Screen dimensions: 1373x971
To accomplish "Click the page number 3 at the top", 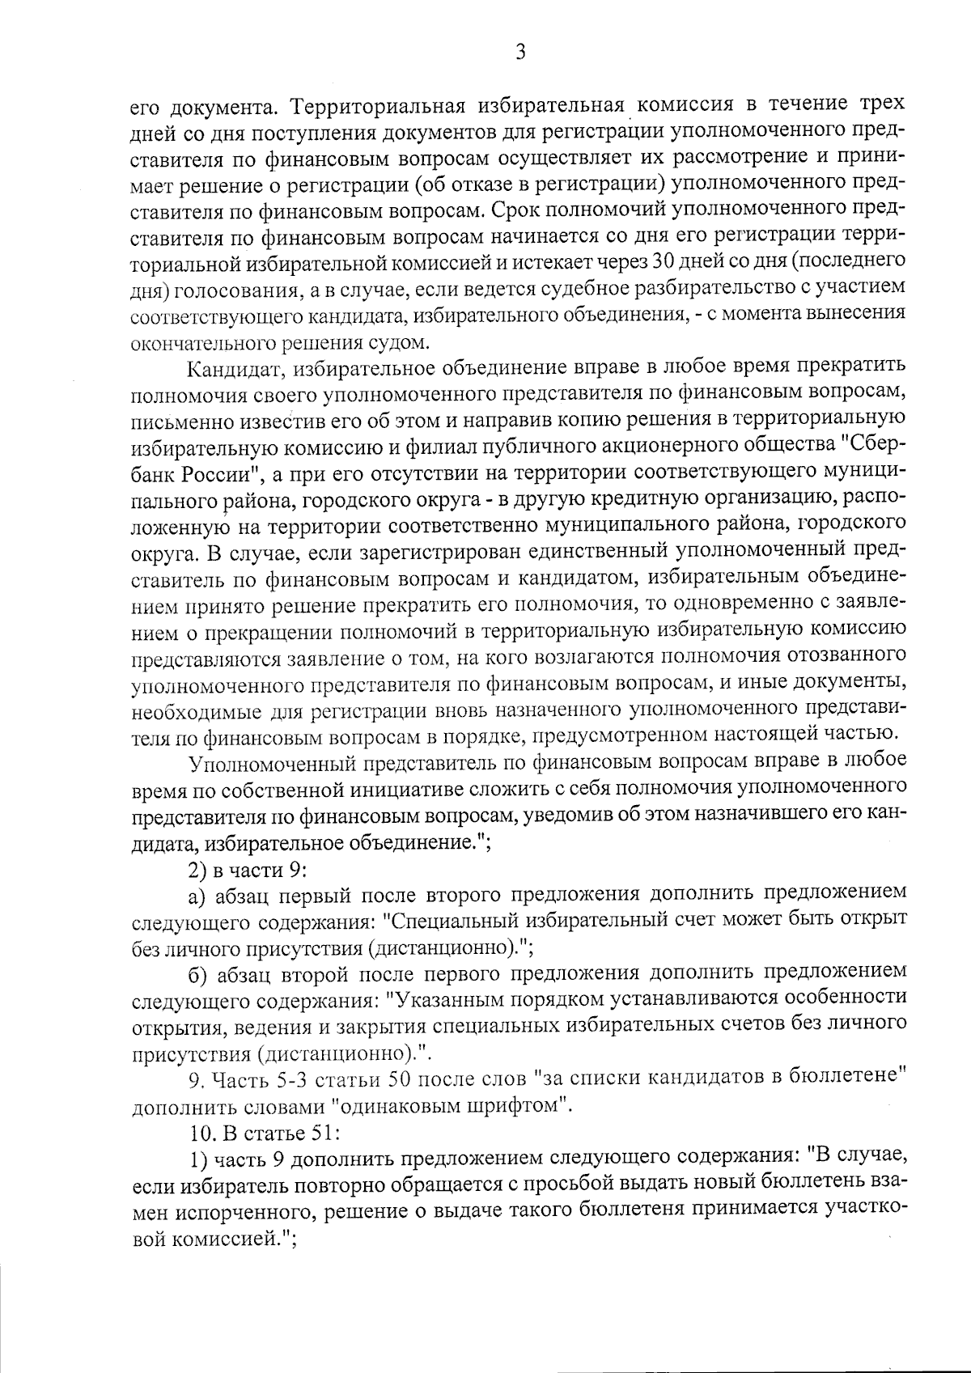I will (520, 53).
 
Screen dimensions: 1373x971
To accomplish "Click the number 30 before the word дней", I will (663, 262).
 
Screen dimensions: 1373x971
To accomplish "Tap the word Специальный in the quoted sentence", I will (453, 921).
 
